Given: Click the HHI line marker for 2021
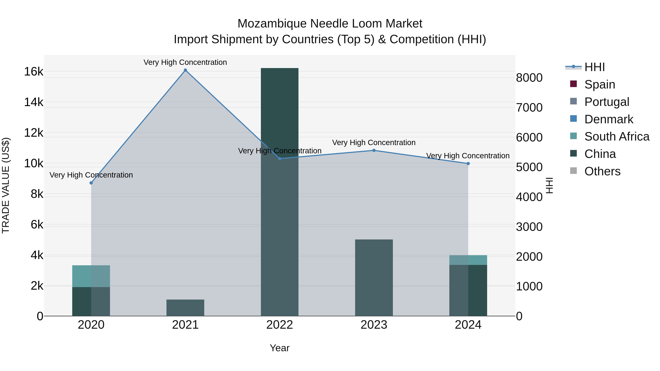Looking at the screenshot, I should click(185, 70).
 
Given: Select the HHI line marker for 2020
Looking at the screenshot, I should click(91, 183).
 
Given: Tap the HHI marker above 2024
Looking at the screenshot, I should click(468, 164).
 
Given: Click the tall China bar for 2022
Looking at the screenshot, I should click(280, 192).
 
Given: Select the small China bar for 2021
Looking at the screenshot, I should click(185, 308).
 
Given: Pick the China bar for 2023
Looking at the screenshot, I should click(374, 278).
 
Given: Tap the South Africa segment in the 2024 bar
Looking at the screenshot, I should click(468, 260).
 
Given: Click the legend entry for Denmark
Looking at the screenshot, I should click(609, 119).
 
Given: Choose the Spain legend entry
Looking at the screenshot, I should click(599, 84).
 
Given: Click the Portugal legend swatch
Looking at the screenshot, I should click(573, 102).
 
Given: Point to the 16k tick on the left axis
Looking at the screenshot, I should click(34, 72).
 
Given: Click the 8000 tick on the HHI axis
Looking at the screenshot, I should click(529, 78).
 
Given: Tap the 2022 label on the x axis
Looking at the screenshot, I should click(280, 325).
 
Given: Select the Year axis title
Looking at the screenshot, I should click(280, 348).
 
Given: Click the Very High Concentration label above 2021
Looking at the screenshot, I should click(185, 62).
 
